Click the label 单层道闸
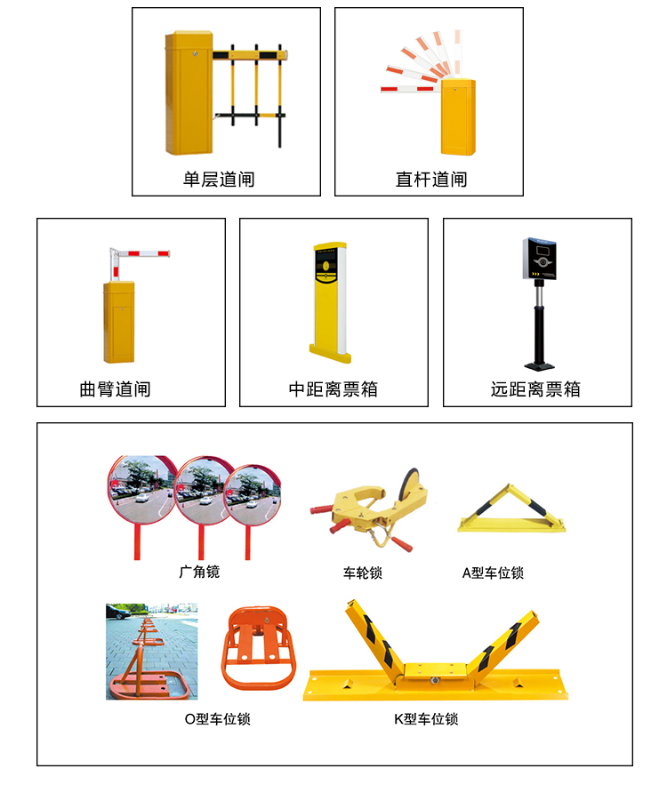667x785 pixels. (x=219, y=180)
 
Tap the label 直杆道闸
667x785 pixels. (x=431, y=180)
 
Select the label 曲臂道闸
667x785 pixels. (x=115, y=389)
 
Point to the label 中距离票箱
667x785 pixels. (x=333, y=389)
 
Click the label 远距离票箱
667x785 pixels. (x=535, y=389)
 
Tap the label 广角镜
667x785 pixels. (x=198, y=572)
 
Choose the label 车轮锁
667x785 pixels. (x=363, y=573)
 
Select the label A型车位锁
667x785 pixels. (x=493, y=573)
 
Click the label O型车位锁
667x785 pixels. (x=217, y=718)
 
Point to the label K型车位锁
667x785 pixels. (x=426, y=718)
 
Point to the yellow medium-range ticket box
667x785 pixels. (x=331, y=298)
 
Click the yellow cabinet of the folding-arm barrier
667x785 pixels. (x=119, y=322)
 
